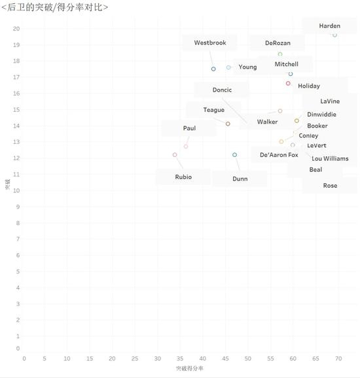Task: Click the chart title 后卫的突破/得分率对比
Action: point(55,7)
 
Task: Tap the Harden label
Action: point(330,26)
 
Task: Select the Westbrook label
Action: point(210,43)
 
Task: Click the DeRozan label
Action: point(278,43)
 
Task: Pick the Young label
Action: point(247,67)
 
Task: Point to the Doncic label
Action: point(222,90)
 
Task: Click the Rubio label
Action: point(183,177)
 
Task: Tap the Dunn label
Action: point(240,179)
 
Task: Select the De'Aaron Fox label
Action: point(279,155)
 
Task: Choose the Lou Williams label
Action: point(330,159)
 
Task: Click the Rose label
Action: point(330,186)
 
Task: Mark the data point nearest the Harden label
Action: point(334,35)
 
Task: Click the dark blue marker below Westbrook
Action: point(213,69)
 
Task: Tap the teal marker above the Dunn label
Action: point(234,155)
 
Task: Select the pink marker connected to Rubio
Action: point(175,155)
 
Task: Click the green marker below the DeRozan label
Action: point(280,54)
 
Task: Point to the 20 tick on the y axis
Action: point(16,29)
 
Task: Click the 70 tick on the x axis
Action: point(338,359)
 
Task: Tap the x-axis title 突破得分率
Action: point(190,368)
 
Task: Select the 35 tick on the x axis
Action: point(180,359)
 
